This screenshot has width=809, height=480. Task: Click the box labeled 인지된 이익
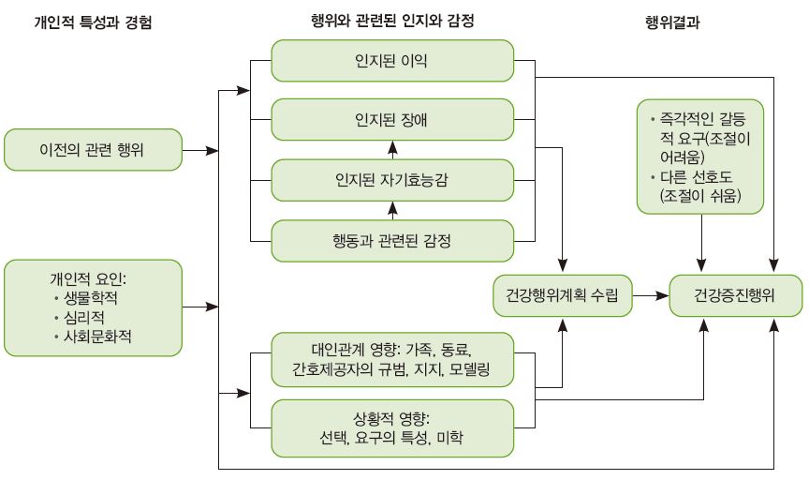click(392, 61)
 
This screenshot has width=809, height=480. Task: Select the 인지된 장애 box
click(392, 121)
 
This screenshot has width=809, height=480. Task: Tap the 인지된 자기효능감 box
click(392, 180)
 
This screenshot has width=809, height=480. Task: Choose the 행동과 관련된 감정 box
click(392, 241)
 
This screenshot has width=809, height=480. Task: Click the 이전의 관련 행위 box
click(92, 150)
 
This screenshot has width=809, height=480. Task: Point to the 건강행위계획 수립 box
click(563, 295)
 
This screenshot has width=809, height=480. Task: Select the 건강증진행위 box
click(735, 295)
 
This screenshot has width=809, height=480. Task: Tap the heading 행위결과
click(673, 22)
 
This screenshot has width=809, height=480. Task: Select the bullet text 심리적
click(92, 317)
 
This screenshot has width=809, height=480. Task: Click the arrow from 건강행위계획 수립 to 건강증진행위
click(650, 295)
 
